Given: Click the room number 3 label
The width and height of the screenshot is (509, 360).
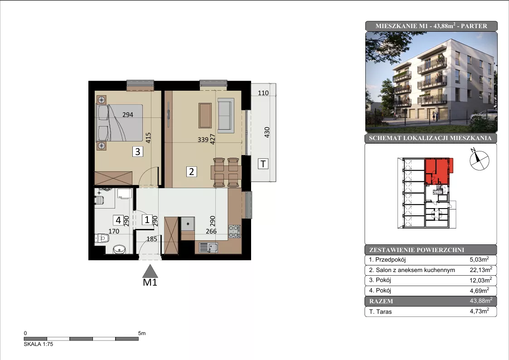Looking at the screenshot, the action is (x=138, y=151).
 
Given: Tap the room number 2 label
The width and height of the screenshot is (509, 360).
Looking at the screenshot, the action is (x=191, y=171).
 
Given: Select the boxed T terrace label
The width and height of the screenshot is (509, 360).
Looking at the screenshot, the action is (x=263, y=164).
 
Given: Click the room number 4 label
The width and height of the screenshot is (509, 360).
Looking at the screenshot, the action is (x=118, y=220).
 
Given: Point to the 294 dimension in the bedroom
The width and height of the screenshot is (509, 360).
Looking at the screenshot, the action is (x=128, y=115).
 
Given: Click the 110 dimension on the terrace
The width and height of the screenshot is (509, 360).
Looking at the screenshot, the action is (x=263, y=93).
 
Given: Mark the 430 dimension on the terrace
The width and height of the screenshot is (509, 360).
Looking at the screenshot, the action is (x=267, y=132).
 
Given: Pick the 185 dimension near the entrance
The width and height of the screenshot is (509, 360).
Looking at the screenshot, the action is (x=152, y=239).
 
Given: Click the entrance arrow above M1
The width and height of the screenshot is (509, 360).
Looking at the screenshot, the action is (x=150, y=271).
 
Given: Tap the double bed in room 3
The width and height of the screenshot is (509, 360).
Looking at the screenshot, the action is (x=120, y=123).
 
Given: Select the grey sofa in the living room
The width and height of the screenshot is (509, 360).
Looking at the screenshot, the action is (x=226, y=115).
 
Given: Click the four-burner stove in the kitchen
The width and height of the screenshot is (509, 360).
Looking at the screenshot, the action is (x=234, y=231).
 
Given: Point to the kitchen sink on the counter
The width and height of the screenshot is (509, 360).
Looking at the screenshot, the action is (x=208, y=248).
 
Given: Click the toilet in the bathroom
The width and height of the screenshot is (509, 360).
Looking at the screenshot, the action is (x=102, y=238).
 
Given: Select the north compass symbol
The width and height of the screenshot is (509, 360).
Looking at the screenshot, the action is (x=479, y=160).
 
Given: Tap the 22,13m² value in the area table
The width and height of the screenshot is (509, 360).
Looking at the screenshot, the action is (x=481, y=270).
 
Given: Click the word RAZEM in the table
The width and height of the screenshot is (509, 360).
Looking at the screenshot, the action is (x=381, y=301).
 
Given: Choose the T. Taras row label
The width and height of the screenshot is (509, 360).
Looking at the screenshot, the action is (x=380, y=311).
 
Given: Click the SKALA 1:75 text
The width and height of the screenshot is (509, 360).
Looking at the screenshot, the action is (x=39, y=344).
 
